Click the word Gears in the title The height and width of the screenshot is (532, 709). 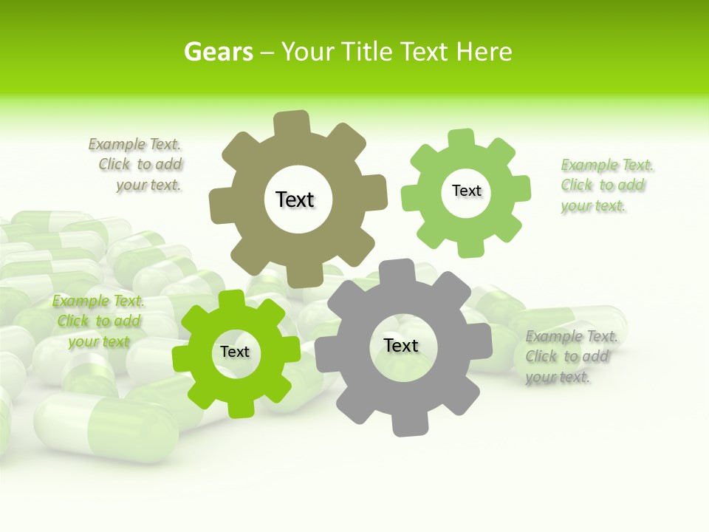[218, 52]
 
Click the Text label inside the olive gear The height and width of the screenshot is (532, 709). [295, 199]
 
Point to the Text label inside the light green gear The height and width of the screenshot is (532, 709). [466, 191]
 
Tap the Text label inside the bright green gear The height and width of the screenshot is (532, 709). [235, 352]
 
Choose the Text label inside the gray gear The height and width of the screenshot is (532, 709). [401, 345]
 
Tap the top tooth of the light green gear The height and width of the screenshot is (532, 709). [462, 139]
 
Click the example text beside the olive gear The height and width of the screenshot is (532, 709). [137, 165]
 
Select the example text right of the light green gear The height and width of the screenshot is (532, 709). [606, 185]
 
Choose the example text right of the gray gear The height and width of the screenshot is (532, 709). [570, 356]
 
